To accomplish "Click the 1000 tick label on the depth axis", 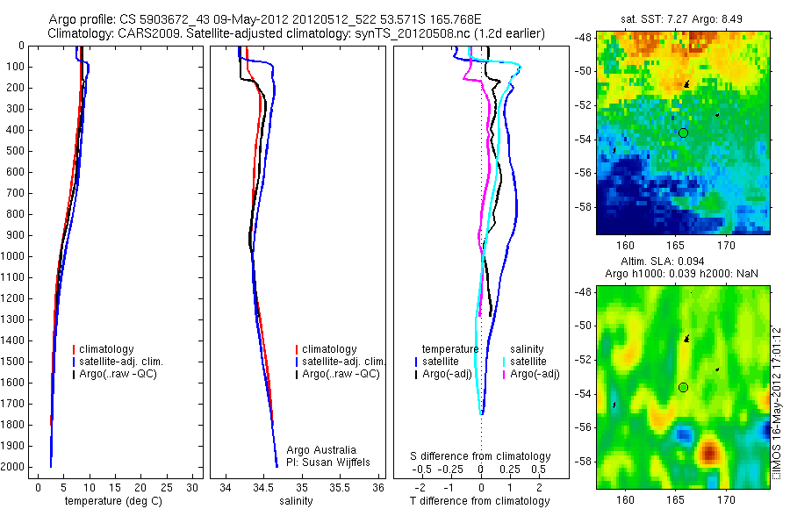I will click(x=13, y=256).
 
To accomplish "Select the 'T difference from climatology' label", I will click(x=479, y=501).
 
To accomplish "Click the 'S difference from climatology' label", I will click(x=481, y=456).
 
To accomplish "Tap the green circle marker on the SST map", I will click(x=683, y=133).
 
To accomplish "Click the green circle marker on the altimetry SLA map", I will click(x=683, y=387).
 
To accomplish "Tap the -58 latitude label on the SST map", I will click(x=583, y=207).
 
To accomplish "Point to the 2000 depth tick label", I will click(x=13, y=467).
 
